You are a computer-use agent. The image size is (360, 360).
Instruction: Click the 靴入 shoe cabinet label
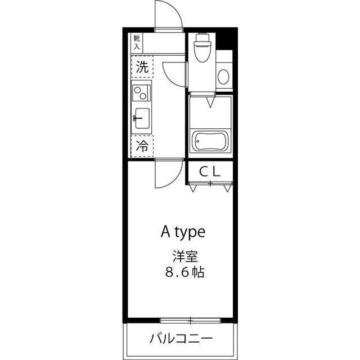click(137, 42)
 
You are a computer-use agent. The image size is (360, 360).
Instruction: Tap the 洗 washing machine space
click(142, 69)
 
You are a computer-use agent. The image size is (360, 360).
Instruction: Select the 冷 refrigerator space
click(142, 147)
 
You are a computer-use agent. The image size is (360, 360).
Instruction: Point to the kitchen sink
click(142, 119)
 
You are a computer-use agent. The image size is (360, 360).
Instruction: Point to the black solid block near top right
click(225, 40)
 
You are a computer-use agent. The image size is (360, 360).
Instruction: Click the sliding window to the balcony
click(191, 321)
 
